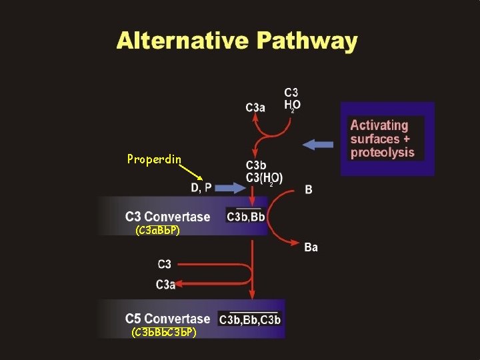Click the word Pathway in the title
(x=306, y=41)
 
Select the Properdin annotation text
(x=154, y=159)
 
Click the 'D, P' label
(x=201, y=188)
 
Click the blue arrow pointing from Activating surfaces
(x=318, y=143)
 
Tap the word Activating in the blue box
(x=379, y=125)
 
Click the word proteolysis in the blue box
(x=382, y=153)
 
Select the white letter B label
(x=309, y=189)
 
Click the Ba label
(x=311, y=248)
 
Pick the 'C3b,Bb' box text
(x=246, y=217)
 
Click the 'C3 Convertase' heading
(x=167, y=217)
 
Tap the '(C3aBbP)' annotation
(x=157, y=231)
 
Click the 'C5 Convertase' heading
(x=167, y=319)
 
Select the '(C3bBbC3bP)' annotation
(x=163, y=331)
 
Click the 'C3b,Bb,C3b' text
(x=250, y=320)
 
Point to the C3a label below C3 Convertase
(x=166, y=285)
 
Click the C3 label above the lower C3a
(x=164, y=265)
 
